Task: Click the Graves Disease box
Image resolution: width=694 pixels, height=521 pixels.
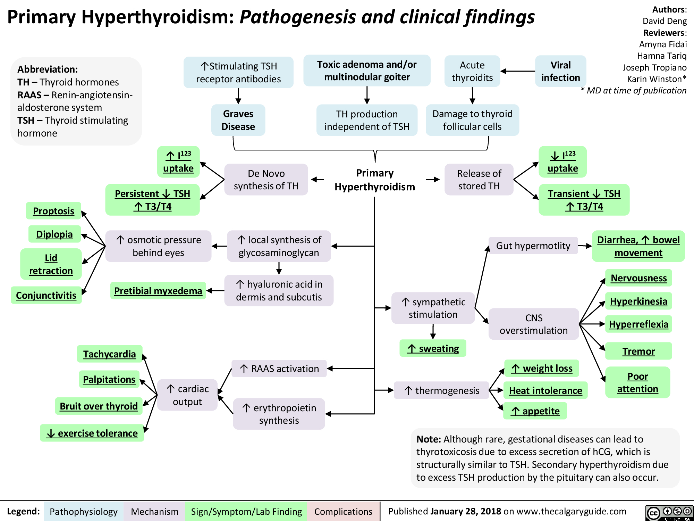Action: click(238, 120)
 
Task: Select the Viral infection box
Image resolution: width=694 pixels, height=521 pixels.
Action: click(560, 71)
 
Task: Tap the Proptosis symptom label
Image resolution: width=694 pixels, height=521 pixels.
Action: click(53, 211)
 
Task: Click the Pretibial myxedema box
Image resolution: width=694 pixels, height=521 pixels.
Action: click(158, 291)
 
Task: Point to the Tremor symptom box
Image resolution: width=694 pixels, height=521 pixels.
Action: click(638, 351)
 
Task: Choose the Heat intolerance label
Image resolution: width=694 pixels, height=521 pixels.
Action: click(545, 390)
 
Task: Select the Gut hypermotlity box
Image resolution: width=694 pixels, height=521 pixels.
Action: click(533, 246)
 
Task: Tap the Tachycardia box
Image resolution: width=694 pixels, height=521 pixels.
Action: click(109, 354)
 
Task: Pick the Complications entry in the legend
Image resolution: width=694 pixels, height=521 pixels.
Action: click(343, 511)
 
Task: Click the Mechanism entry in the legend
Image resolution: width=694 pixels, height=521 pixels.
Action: click(154, 511)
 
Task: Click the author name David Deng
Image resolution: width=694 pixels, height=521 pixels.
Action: click(664, 21)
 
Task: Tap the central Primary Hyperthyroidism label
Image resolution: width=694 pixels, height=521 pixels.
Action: click(375, 180)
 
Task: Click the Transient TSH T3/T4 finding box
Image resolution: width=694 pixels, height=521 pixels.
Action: click(584, 200)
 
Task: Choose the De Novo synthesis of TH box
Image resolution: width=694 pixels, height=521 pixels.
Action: click(266, 180)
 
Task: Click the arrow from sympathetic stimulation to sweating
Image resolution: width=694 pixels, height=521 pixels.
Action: click(433, 331)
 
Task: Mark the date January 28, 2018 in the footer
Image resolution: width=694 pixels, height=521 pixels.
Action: click(465, 511)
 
